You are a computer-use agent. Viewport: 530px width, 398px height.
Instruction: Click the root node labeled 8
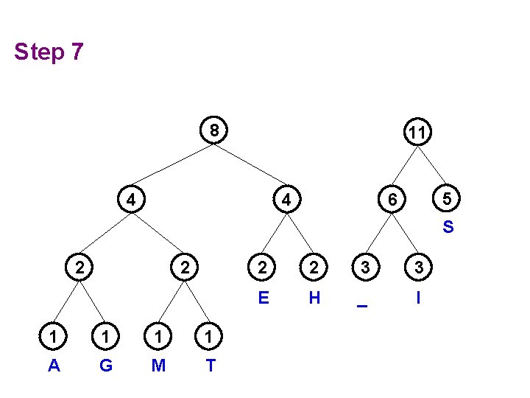213,131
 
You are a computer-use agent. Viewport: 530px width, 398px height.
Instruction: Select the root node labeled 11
417,133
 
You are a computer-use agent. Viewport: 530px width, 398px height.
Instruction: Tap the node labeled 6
393,200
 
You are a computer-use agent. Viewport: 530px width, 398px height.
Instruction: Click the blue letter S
448,227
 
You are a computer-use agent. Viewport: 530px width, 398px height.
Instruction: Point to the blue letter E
263,298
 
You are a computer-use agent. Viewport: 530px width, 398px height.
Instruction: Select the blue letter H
314,298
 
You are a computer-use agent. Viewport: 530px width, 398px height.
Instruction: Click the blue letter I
418,298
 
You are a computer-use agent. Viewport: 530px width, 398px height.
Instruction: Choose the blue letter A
54,365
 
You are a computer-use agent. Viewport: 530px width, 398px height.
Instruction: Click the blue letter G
106,365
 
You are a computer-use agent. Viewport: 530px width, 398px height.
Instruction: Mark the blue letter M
158,365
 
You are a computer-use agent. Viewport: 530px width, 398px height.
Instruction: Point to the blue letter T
211,365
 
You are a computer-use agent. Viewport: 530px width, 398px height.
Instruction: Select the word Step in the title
38,53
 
